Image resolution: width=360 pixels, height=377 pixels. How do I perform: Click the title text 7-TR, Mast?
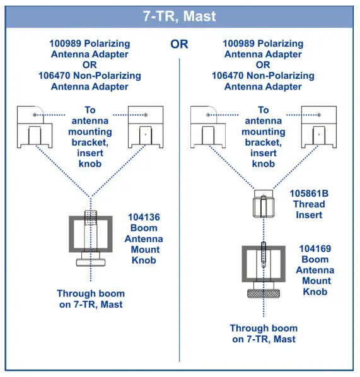(180, 16)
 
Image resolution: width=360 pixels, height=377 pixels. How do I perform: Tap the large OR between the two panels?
(180, 45)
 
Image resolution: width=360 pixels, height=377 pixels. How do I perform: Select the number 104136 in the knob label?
(144, 216)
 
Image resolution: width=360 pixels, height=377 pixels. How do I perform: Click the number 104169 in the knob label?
(315, 248)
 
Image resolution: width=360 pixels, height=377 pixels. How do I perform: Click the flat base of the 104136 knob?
(92, 262)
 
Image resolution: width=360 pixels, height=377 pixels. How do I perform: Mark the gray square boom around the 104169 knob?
(246, 265)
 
